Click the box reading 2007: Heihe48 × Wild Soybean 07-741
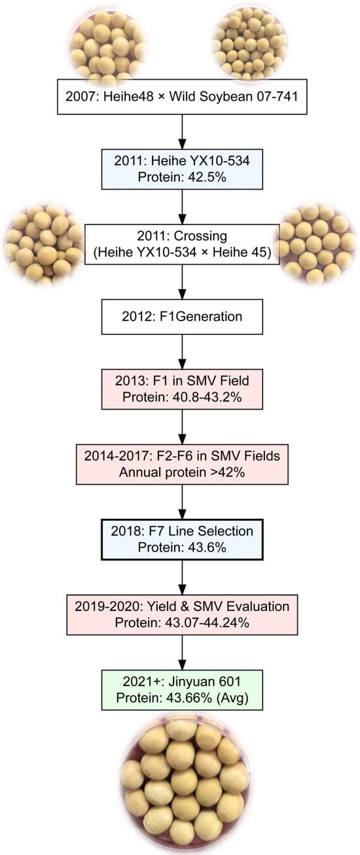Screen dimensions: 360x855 pos(182,97)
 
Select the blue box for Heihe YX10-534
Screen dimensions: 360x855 pos(182,169)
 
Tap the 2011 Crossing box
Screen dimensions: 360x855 pos(182,244)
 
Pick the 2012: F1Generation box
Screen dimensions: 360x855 pos(182,317)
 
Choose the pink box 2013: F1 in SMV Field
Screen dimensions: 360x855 pos(182,389)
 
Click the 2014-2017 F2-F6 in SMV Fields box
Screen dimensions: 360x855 pos(182,464)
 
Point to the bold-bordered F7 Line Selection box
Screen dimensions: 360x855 pos(182,539)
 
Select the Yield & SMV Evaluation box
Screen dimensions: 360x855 pos(182,614)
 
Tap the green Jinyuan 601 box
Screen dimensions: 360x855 pos(182,689)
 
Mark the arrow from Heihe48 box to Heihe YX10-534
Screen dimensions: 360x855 pos(182,131)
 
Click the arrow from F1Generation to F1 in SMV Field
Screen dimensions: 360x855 pos(182,351)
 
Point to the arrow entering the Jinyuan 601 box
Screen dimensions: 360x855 pos(182,652)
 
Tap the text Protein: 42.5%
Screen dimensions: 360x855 pos(182,177)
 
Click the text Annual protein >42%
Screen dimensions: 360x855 pos(182,472)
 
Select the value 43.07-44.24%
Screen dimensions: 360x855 pos(207,623)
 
